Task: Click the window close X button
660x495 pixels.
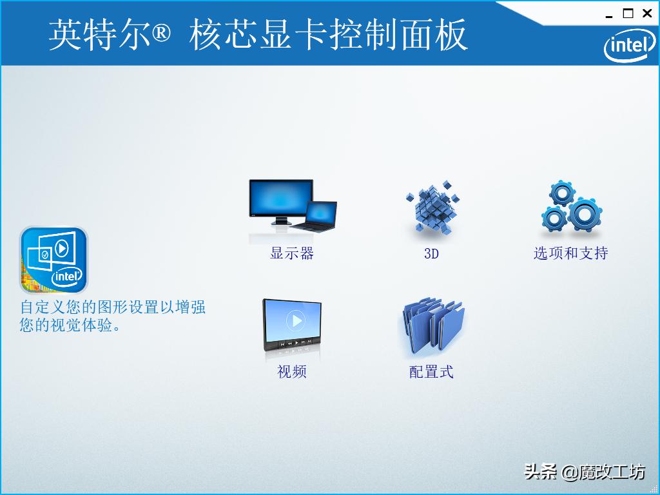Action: click(647, 14)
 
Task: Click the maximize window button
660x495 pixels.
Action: click(628, 14)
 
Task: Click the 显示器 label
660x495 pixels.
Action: click(292, 253)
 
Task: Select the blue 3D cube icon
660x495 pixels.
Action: click(432, 208)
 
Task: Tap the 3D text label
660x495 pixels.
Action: click(431, 253)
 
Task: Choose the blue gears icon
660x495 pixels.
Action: click(570, 208)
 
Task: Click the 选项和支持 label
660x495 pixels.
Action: click(570, 253)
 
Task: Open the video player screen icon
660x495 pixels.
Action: click(292, 325)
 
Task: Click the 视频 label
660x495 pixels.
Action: click(292, 372)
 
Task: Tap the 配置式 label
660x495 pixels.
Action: click(431, 372)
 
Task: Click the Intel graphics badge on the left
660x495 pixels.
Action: click(53, 260)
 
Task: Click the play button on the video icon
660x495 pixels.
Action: click(295, 320)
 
